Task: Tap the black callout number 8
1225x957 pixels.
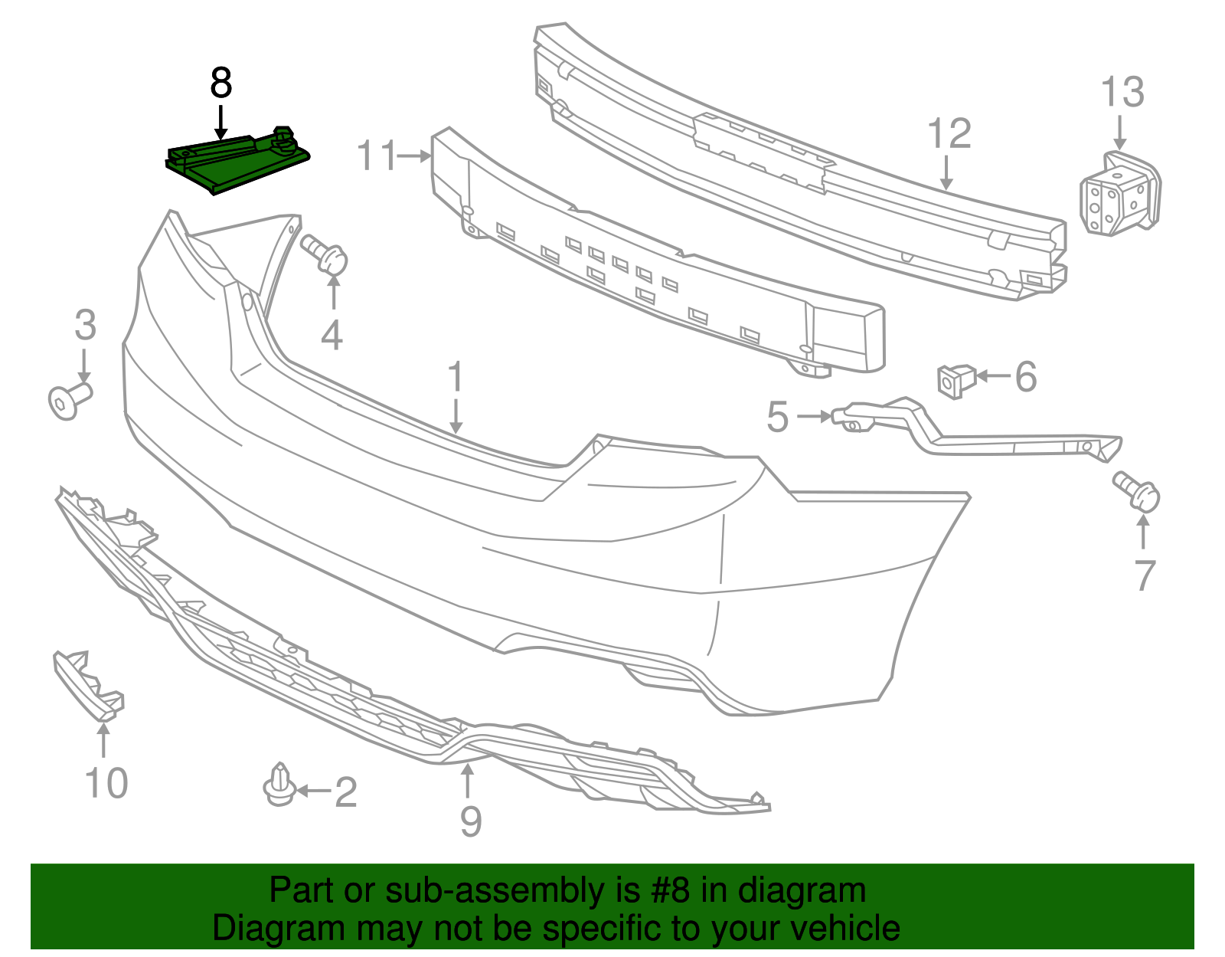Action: [220, 83]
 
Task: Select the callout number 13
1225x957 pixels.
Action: [1122, 93]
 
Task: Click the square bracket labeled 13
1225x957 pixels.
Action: [1119, 195]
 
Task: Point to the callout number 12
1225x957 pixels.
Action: [949, 134]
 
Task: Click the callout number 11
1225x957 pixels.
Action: [377, 156]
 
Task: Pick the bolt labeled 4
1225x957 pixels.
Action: [325, 254]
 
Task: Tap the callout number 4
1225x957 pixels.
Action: [331, 336]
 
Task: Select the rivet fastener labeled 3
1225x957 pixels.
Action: [69, 400]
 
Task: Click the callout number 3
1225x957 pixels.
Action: [85, 326]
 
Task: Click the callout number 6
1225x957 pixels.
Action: [1025, 377]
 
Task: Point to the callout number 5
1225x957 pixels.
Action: [777, 417]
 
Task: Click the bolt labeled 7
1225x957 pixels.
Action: [1138, 492]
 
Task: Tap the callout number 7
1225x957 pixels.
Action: [1144, 576]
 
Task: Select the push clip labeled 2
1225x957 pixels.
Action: [280, 786]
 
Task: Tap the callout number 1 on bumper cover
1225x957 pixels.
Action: [456, 378]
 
